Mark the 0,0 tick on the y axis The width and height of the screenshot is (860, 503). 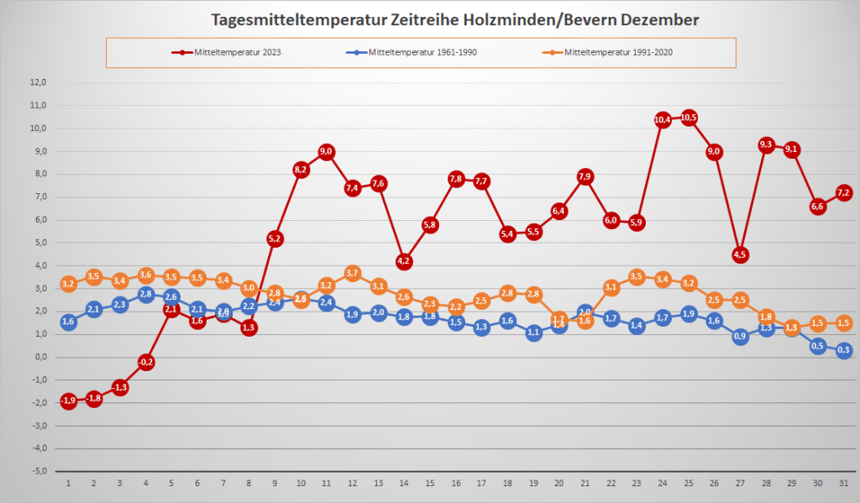tap(38, 357)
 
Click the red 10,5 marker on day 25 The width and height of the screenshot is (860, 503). tap(689, 118)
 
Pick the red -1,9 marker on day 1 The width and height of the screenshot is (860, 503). tap(69, 401)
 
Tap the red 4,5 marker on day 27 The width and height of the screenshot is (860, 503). tap(741, 254)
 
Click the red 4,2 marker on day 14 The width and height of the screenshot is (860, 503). tap(404, 261)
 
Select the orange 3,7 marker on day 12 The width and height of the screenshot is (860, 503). tap(352, 273)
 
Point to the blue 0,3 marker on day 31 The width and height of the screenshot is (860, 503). tap(844, 350)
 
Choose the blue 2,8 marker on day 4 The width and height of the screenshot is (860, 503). tap(146, 294)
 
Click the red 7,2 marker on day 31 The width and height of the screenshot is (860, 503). tap(844, 193)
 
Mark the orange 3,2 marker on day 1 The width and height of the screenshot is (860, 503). tap(69, 284)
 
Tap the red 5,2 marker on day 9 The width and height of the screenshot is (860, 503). tap(275, 238)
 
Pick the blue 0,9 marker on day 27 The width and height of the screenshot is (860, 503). tap(741, 337)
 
